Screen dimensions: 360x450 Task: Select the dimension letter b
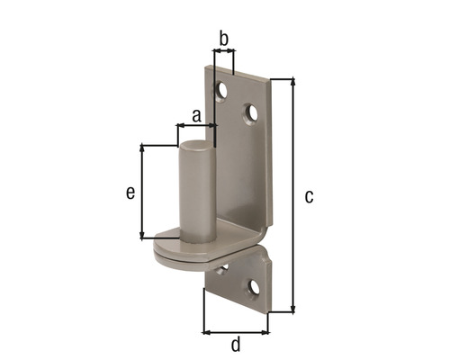point(223,39)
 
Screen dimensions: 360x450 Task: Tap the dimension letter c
point(309,196)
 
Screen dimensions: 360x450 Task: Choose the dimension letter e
point(130,192)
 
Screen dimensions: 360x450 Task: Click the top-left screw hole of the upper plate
point(220,90)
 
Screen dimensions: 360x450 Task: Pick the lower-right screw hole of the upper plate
point(251,113)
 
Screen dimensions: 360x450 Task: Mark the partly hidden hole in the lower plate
point(223,268)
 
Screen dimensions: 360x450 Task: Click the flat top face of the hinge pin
point(195,144)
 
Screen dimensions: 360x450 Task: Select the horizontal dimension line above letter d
point(236,332)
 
